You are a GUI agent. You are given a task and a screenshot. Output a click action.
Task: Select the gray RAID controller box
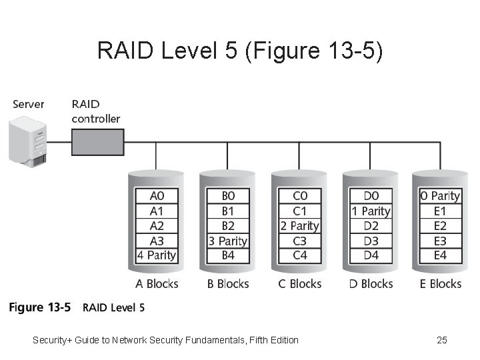pos(97,142)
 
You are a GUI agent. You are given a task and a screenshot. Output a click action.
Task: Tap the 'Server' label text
pos(28,104)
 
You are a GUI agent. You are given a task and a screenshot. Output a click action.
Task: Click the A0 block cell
pos(156,196)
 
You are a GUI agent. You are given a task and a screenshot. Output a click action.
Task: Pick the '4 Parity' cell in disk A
pos(156,255)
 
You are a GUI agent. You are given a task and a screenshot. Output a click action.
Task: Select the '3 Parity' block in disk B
pos(227,241)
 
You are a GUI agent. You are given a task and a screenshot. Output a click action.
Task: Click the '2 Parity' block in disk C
pos(299,226)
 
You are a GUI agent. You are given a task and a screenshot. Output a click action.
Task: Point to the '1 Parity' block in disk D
pos(371,211)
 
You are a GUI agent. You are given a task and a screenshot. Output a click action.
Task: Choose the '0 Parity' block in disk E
pos(440,196)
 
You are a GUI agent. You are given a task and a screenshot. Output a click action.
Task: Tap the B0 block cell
pos(227,196)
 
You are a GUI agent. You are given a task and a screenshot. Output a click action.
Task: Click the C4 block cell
pos(299,255)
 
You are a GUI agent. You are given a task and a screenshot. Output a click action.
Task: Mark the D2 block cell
pos(371,226)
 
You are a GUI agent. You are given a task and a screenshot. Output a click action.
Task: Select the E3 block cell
pos(440,241)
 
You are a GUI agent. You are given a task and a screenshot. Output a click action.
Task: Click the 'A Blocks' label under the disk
pos(157,284)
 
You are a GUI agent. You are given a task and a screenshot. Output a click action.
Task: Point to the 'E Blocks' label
pos(440,284)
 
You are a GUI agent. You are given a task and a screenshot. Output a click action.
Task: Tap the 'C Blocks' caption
pos(299,284)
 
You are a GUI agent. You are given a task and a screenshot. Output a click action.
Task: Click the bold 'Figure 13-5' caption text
pos(39,308)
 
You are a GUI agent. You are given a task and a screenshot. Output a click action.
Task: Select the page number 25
pos(441,341)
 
